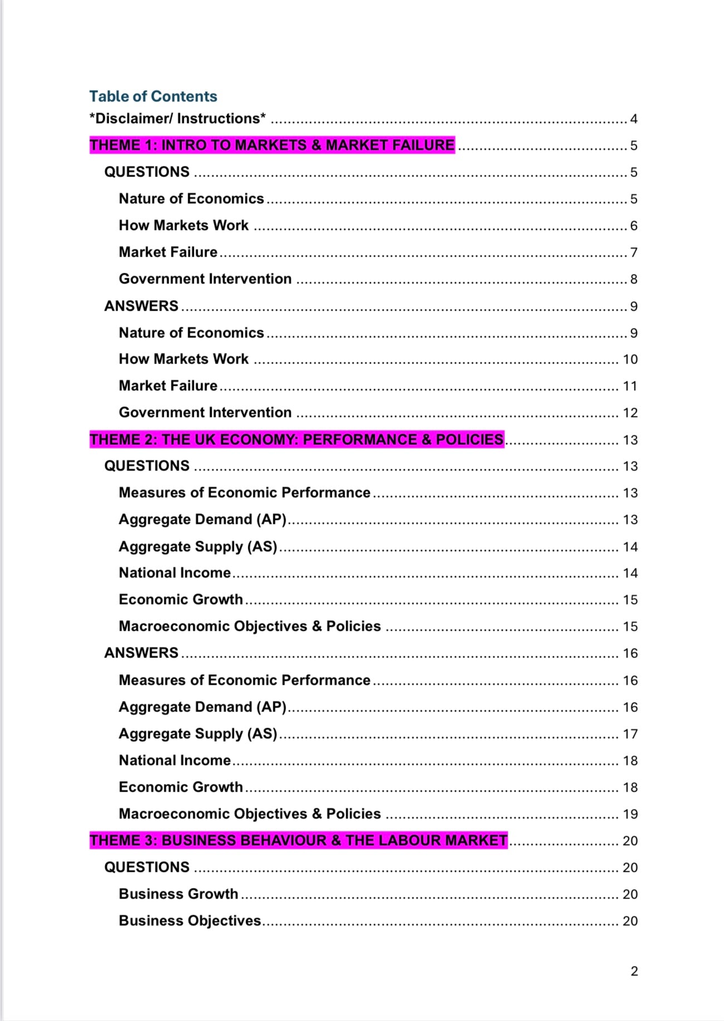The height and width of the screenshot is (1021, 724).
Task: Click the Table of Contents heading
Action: pos(153,96)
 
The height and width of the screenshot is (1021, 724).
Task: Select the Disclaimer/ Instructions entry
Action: pos(178,119)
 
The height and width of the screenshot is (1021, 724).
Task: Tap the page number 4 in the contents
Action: pos(633,119)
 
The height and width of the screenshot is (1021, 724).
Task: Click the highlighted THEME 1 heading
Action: pos(272,145)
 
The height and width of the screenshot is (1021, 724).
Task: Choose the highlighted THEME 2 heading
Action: pos(297,439)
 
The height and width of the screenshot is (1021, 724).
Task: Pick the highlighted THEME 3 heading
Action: pos(298,840)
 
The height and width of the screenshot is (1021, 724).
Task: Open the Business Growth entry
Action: pos(178,894)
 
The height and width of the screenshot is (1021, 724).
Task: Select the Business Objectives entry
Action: pos(190,920)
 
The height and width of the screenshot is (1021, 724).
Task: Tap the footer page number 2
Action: pos(634,971)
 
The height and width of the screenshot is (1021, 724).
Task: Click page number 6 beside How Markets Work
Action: pos(633,226)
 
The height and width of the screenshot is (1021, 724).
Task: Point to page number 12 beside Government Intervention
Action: pos(630,413)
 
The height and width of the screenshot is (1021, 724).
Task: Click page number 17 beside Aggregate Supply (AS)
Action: pos(630,734)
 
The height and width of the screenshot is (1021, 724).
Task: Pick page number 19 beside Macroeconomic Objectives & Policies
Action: pos(630,814)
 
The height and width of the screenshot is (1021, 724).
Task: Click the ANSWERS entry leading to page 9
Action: pos(141,306)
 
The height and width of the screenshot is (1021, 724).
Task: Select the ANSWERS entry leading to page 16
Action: pos(141,652)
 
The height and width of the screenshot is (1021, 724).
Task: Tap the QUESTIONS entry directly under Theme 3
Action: pos(147,867)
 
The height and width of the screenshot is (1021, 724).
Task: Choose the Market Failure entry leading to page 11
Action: pos(168,385)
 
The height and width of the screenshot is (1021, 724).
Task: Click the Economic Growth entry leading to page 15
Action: pos(181,599)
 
